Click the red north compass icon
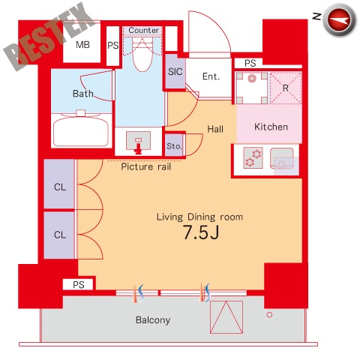tap(339, 19)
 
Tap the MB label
tap(82, 45)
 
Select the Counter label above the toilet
tap(143, 30)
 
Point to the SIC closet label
tap(175, 72)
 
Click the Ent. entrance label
tap(211, 76)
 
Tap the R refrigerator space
tap(286, 88)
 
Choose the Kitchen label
tap(271, 127)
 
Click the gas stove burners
tap(253, 157)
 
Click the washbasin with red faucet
tap(138, 142)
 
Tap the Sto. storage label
tap(174, 146)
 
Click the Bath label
tap(83, 94)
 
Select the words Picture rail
tap(146, 166)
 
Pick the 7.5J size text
tap(201, 232)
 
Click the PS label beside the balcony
tap(79, 285)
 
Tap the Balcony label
tap(153, 320)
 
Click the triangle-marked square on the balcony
tap(226, 317)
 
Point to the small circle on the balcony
tap(269, 315)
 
